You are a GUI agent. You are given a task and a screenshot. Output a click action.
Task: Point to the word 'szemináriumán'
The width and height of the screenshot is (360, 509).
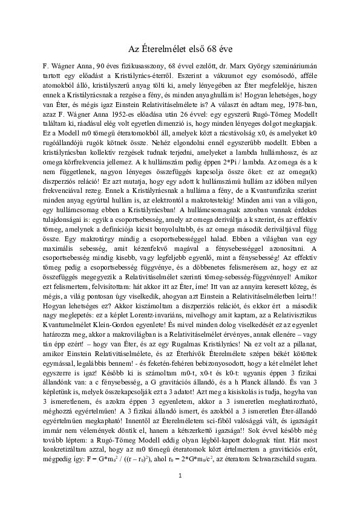(292, 63)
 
